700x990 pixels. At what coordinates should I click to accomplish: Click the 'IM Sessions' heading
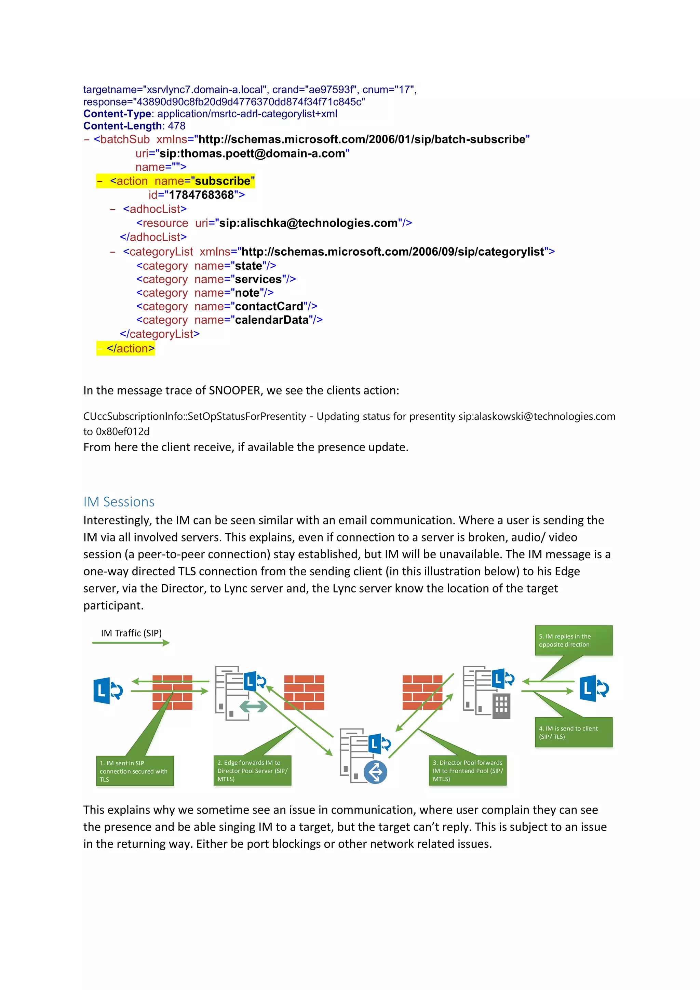[x=119, y=501]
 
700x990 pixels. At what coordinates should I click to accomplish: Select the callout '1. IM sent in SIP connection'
[x=134, y=771]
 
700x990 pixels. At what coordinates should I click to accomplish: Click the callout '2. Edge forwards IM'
[x=252, y=771]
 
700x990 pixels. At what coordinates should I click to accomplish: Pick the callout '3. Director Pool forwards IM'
[x=467, y=771]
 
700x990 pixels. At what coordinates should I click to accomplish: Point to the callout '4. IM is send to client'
[x=573, y=732]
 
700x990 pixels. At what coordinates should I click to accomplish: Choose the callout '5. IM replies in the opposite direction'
[x=573, y=640]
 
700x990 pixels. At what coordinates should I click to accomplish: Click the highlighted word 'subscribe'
[x=223, y=181]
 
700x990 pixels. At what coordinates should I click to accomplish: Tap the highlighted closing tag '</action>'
[x=130, y=348]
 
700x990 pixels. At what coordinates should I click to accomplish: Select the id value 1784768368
[x=201, y=195]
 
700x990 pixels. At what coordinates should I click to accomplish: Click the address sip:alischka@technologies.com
[x=308, y=223]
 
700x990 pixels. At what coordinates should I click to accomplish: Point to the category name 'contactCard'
[x=269, y=306]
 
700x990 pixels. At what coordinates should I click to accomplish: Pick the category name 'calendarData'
[x=271, y=320]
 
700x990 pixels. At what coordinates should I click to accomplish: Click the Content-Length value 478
[x=177, y=126]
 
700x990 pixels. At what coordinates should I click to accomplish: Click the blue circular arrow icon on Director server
[x=375, y=772]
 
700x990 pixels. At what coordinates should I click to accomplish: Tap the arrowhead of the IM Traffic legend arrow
[x=166, y=643]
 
